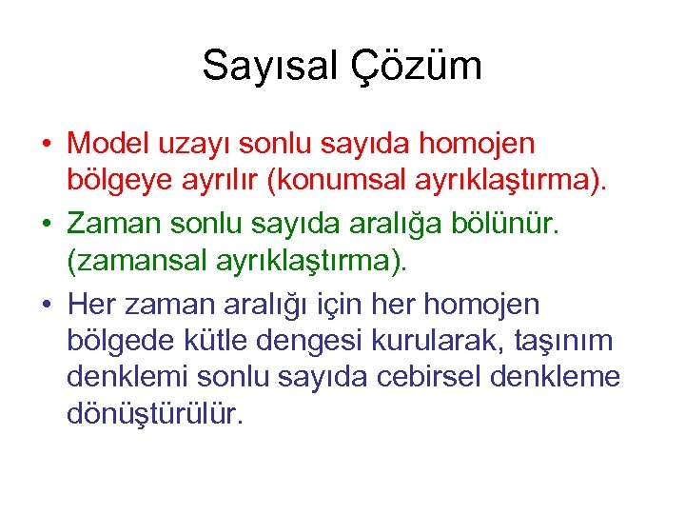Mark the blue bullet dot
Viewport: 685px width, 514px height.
pos(46,306)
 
